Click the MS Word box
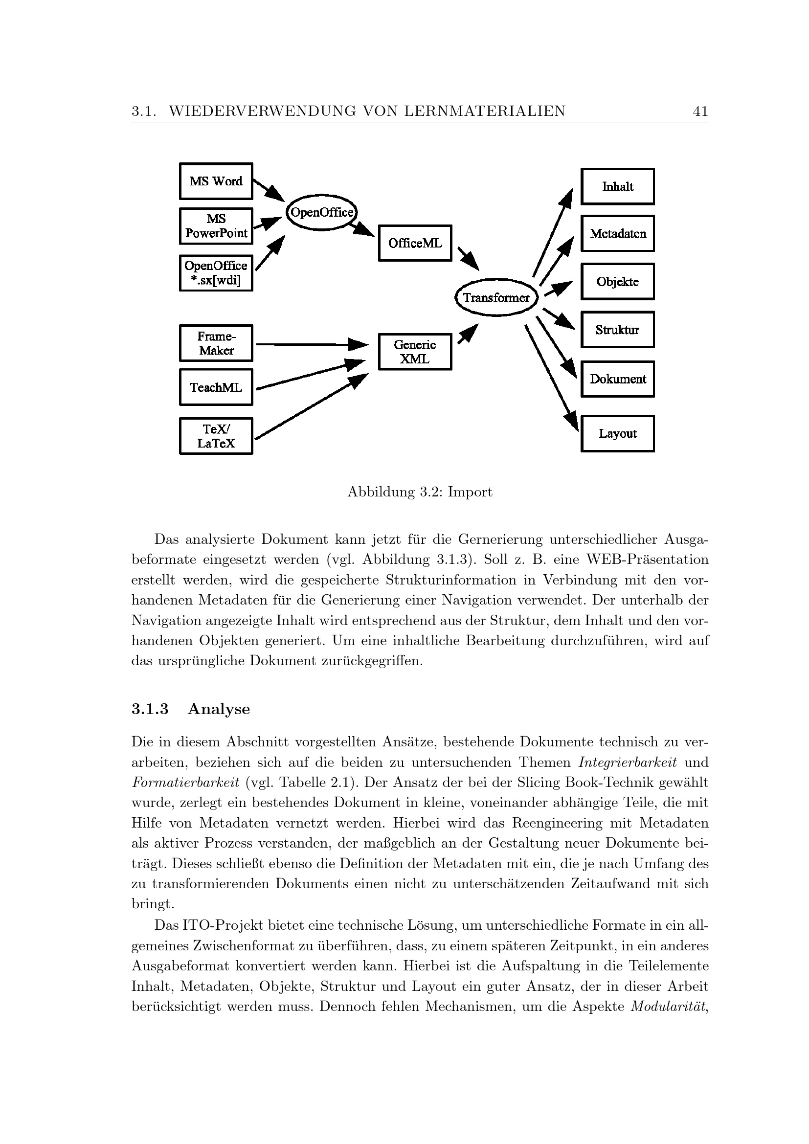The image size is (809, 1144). [216, 181]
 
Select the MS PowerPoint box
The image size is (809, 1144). [216, 226]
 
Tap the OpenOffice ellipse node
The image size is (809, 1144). [322, 213]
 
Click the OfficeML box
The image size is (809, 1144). [415, 243]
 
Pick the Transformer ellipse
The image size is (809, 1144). [496, 297]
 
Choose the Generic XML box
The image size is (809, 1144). [415, 352]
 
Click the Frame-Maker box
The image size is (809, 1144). [216, 343]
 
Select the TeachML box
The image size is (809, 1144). [216, 387]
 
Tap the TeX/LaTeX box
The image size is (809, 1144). [216, 436]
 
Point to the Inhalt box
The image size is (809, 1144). [617, 187]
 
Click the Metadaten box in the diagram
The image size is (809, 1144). [617, 234]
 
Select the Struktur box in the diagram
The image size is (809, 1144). [617, 330]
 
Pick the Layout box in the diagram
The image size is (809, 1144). [617, 433]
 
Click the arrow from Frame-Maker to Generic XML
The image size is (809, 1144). [309, 344]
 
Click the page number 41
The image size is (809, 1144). [700, 111]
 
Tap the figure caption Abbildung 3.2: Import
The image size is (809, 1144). [420, 493]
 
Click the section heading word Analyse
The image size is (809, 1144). [219, 709]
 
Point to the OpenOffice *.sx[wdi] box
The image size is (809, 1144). [216, 273]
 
